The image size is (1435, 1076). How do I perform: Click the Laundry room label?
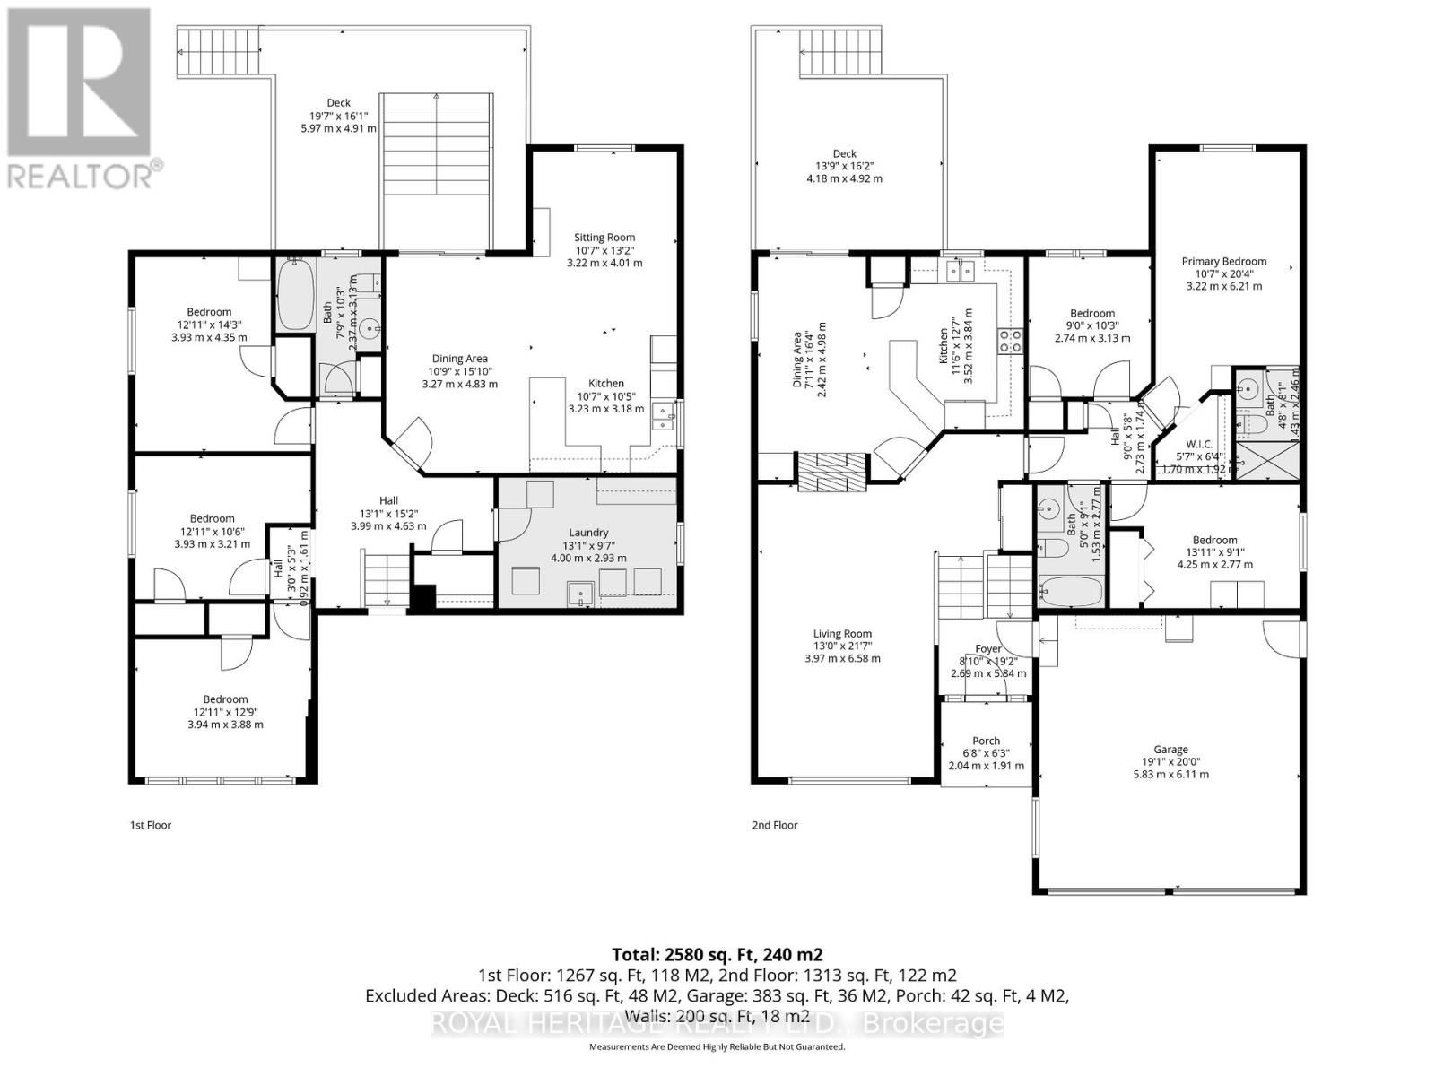[x=588, y=532]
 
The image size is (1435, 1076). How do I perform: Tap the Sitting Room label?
[x=604, y=238]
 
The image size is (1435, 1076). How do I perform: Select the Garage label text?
[x=1170, y=750]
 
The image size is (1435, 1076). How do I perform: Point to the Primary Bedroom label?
[x=1223, y=262]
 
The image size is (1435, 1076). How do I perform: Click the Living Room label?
[x=842, y=633]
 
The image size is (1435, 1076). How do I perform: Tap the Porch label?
[x=986, y=741]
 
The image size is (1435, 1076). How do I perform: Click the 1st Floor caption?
[x=151, y=825]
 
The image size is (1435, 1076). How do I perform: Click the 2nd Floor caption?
[x=774, y=825]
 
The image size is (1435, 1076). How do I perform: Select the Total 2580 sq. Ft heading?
[x=717, y=954]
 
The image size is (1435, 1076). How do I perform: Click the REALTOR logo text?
[x=86, y=174]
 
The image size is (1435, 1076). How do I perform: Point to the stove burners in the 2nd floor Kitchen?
[x=1012, y=340]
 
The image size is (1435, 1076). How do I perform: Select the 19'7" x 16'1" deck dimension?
[x=338, y=116]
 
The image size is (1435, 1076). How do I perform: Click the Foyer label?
[x=988, y=649]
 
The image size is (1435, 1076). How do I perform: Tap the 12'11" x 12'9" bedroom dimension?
[x=225, y=712]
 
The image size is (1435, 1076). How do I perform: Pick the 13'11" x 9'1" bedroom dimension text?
[x=1214, y=552]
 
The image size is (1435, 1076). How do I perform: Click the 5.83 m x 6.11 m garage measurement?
[x=1170, y=774]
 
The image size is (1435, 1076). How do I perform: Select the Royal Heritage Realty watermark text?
[x=717, y=1023]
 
